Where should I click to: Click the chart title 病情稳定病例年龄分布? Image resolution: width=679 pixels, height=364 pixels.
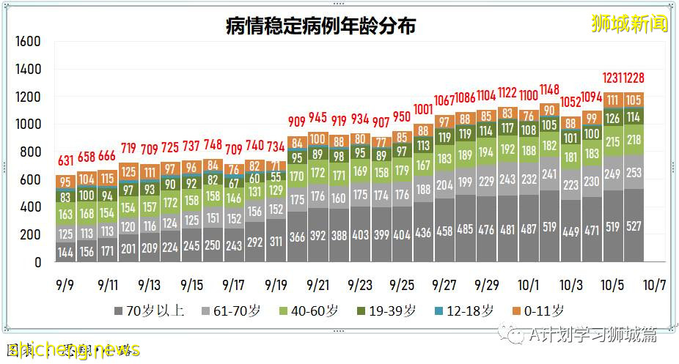(x=320, y=26)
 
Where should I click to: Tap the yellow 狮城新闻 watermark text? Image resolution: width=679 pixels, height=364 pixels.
(x=630, y=23)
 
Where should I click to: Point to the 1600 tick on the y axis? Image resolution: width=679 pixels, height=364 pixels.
(x=27, y=42)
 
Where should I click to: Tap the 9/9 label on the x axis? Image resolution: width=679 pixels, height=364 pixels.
(x=66, y=284)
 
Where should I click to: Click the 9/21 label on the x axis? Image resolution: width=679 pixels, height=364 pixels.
(x=318, y=284)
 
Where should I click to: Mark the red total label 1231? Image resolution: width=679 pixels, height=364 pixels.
(x=613, y=78)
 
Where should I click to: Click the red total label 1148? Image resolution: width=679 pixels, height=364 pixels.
(x=550, y=89)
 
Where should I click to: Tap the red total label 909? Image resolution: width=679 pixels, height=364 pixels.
(x=297, y=122)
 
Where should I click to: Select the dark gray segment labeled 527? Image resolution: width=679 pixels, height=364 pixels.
(x=634, y=227)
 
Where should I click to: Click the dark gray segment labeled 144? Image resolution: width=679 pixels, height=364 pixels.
(x=66, y=253)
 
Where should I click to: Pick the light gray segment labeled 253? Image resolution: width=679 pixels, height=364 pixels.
(x=634, y=173)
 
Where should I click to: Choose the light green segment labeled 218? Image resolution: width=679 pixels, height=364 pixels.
(x=634, y=140)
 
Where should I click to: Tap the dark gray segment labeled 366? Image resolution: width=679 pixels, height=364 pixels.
(x=297, y=238)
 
